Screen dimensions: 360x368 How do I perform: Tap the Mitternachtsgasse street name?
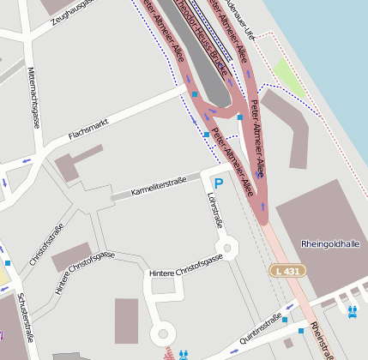(33, 96)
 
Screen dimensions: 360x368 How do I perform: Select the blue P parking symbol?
(218, 183)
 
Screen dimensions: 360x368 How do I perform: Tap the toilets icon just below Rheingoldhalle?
(352, 310)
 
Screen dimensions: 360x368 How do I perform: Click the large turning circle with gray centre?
(161, 333)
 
